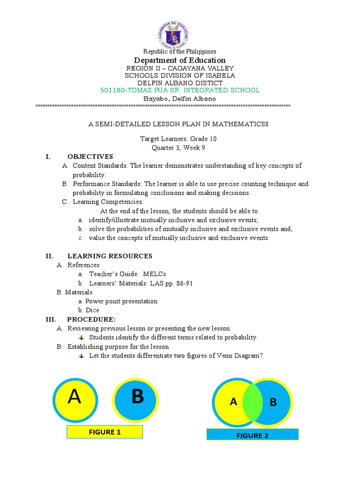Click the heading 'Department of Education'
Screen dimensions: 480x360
tap(180, 60)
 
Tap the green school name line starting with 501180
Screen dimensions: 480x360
tap(180, 90)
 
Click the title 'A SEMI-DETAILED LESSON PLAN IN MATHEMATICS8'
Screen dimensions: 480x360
tap(180, 124)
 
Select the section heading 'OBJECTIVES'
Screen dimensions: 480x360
tap(90, 157)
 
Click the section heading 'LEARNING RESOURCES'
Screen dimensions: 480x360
tap(110, 256)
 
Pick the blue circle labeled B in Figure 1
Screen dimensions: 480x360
tap(137, 398)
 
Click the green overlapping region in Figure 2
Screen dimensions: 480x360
tap(252, 403)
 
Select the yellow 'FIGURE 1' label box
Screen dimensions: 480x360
tap(105, 432)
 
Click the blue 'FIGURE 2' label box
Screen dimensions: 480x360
tap(252, 435)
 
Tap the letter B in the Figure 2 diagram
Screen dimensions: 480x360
tap(274, 403)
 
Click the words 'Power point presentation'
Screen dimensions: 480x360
tap(121, 301)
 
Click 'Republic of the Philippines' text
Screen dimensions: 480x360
tap(180, 51)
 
